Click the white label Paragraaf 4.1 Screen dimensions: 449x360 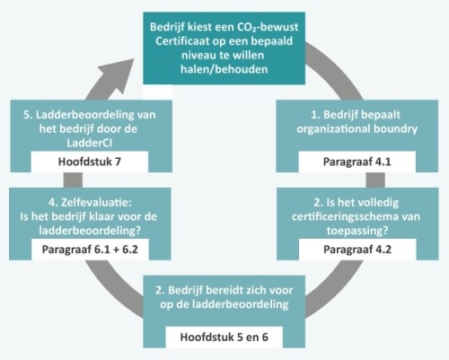pos(357,162)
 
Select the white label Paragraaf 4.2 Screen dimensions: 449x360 pos(357,250)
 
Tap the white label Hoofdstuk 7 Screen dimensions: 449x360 pos(90,162)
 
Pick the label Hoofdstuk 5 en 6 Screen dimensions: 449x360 pos(224,337)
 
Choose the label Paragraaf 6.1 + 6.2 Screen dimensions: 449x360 pos(90,250)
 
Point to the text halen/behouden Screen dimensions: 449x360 pos(224,69)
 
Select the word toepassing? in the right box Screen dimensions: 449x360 pos(357,231)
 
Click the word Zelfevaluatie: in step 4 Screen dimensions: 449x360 pos(96,203)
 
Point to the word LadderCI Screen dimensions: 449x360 pos(90,143)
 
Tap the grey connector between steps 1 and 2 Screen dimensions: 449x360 pos(375,180)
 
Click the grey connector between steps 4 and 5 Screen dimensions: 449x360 pos(73,180)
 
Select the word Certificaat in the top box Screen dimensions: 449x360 pos(182,41)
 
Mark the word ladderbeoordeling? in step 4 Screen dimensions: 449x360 pos(90,231)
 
